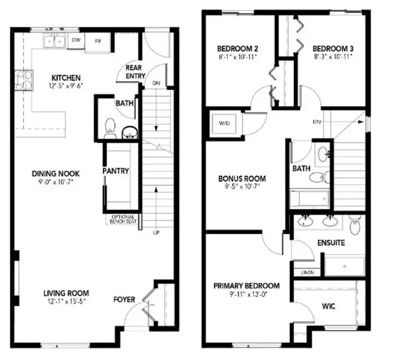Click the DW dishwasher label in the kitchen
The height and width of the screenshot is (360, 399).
coord(76,40)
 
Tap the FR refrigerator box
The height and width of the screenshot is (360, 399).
coord(98,42)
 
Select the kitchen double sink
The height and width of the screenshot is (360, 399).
coord(54,41)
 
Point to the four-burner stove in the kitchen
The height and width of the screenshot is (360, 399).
coord(24,80)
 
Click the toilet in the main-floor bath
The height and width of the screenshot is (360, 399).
coord(110,129)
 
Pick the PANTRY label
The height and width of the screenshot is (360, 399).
coord(116,171)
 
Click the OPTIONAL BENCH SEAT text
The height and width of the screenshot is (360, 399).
coord(123,219)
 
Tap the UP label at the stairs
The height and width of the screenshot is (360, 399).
coord(156,233)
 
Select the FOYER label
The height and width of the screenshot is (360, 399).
coord(124,299)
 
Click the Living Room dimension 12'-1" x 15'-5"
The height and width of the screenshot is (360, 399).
coord(66,302)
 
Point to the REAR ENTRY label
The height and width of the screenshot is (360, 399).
coord(135,72)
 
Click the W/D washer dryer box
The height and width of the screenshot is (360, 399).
coord(224,124)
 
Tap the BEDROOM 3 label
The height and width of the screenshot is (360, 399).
coord(333,49)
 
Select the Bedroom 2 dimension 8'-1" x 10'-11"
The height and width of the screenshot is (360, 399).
coord(238,57)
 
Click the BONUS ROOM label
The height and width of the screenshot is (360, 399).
coord(243,178)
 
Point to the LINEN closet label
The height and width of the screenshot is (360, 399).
coord(307,273)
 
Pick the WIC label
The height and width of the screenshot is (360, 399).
coord(329,306)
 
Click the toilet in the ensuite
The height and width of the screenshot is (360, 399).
coord(355,224)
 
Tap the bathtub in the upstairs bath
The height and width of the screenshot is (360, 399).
coord(309,199)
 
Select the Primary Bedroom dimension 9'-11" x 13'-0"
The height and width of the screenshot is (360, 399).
coord(246,294)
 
